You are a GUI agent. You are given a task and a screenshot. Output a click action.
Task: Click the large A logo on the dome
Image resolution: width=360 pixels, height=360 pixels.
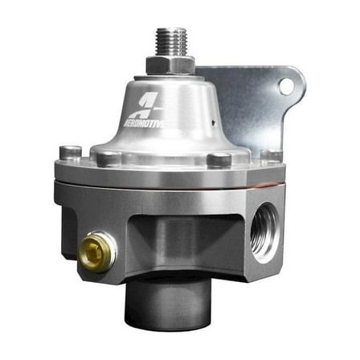point(148,102)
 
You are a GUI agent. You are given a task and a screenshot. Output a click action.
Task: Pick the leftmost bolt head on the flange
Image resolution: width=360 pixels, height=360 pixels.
point(71,152)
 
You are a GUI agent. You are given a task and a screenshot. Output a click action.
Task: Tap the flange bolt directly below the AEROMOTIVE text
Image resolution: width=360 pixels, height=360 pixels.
point(108,159)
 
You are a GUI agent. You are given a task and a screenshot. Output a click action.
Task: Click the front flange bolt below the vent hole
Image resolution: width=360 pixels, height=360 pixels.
point(219,159)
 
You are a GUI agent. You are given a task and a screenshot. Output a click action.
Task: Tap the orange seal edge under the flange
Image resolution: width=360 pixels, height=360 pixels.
point(88,183)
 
